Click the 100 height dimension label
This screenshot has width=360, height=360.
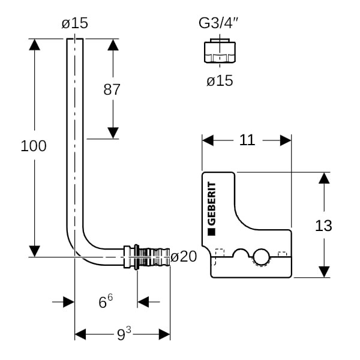point(34,146)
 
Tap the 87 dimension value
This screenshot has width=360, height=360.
point(112,90)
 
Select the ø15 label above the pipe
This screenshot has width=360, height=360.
point(74,23)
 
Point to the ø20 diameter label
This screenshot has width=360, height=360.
point(184,257)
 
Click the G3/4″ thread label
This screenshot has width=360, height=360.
point(220,23)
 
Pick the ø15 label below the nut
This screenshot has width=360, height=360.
point(220,80)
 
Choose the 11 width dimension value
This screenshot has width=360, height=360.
point(247,140)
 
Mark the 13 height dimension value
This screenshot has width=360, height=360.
point(323,226)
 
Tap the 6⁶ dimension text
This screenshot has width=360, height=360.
point(106,302)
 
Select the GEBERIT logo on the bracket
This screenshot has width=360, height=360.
point(211,207)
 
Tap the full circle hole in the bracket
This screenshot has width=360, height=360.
point(261,258)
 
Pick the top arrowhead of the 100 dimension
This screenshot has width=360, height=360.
point(35,45)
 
